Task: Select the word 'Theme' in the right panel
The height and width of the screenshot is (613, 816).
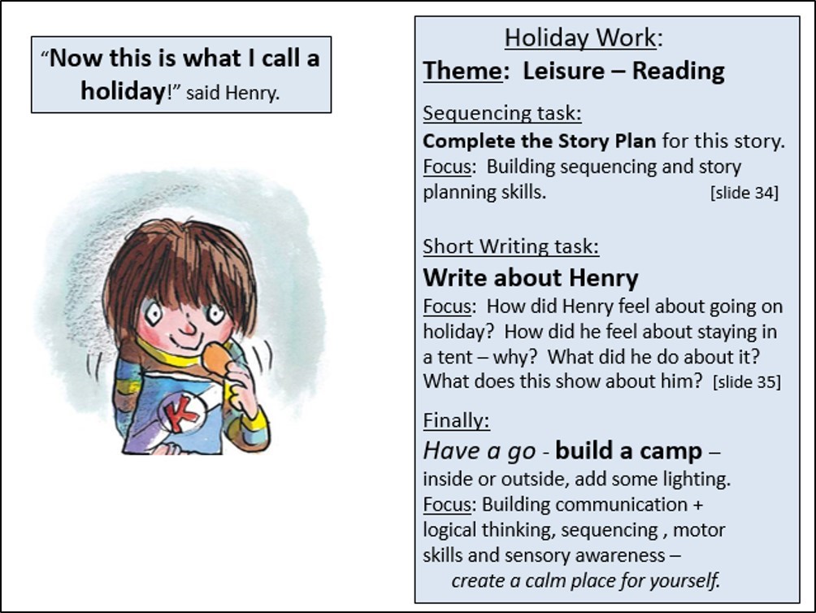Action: pyautogui.click(x=462, y=71)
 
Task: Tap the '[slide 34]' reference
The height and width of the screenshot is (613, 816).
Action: pyautogui.click(x=744, y=193)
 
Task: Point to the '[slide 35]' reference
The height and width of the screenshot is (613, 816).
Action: pyautogui.click(x=747, y=382)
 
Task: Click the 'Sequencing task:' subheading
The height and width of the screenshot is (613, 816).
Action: pyautogui.click(x=502, y=113)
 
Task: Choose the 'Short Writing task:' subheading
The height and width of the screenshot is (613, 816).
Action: pyautogui.click(x=510, y=246)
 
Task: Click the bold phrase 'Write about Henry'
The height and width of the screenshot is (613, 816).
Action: pyautogui.click(x=530, y=277)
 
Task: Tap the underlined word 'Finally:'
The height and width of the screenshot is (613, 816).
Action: pyautogui.click(x=456, y=420)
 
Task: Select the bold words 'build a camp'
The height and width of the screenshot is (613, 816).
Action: pyautogui.click(x=628, y=450)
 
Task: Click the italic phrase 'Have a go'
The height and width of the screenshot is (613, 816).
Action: pyautogui.click(x=479, y=450)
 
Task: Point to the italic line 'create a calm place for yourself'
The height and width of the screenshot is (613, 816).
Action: pyautogui.click(x=585, y=580)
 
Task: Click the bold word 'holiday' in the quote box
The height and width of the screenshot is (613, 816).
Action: pyautogui.click(x=123, y=91)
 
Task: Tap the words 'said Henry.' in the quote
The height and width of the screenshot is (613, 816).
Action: pyautogui.click(x=232, y=93)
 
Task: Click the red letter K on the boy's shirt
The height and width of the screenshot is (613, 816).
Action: pyautogui.click(x=180, y=413)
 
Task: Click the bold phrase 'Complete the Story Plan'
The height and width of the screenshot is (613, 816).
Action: pyautogui.click(x=539, y=141)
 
